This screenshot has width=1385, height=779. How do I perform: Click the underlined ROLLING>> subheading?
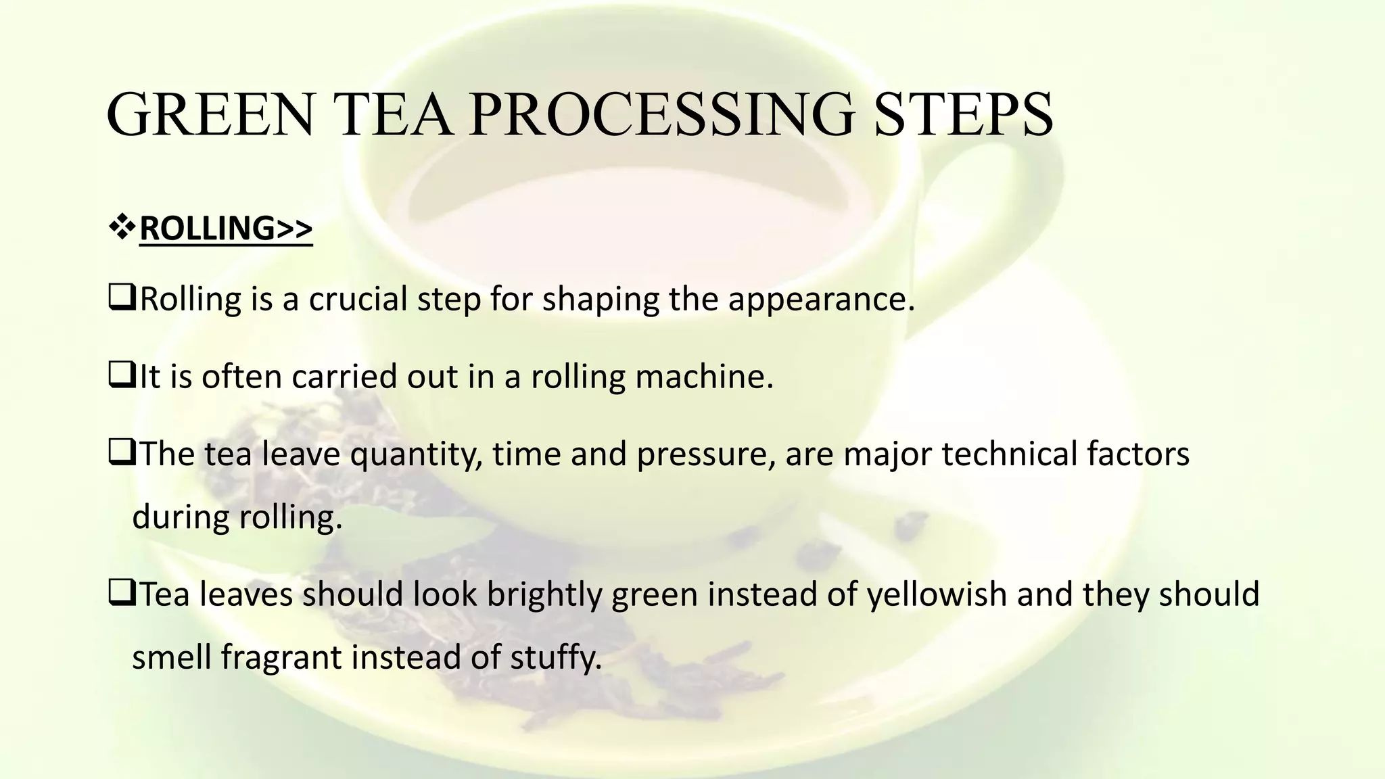(226, 229)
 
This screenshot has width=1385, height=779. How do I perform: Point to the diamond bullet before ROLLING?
(122, 228)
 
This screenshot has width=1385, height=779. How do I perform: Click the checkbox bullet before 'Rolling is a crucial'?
(121, 298)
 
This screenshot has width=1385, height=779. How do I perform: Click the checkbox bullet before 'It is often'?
(121, 375)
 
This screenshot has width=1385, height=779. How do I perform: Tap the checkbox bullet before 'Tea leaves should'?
(121, 594)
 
